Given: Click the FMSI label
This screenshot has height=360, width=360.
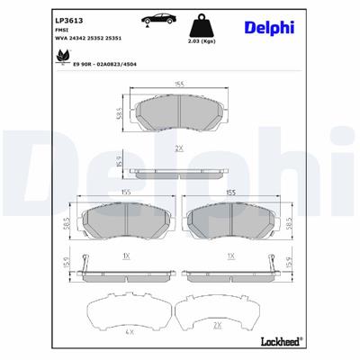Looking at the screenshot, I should pos(63,30).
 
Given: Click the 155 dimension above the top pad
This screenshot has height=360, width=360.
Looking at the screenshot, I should pos(180,85).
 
